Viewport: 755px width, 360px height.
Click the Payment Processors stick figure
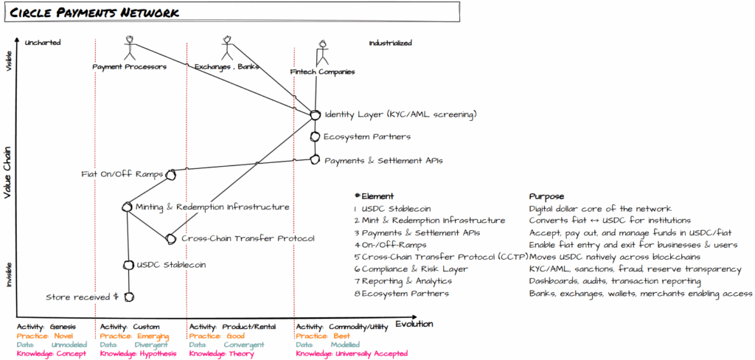(x=130, y=47)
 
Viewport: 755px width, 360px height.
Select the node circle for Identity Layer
(x=315, y=115)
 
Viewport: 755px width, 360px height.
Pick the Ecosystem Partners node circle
(x=315, y=137)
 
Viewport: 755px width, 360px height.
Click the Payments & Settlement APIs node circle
(x=315, y=159)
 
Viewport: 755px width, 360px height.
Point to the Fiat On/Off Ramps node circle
(x=171, y=175)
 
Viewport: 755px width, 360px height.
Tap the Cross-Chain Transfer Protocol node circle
(x=171, y=238)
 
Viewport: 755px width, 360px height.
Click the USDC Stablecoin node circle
(x=128, y=264)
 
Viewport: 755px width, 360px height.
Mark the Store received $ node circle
(x=128, y=297)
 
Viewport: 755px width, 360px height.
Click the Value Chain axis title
(x=10, y=171)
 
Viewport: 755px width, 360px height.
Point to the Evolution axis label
(x=414, y=324)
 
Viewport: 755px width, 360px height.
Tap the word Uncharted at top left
(x=43, y=43)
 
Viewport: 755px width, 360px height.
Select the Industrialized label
(x=390, y=43)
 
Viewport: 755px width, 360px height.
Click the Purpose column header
(x=546, y=197)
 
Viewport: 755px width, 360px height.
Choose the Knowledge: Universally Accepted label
(x=352, y=353)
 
